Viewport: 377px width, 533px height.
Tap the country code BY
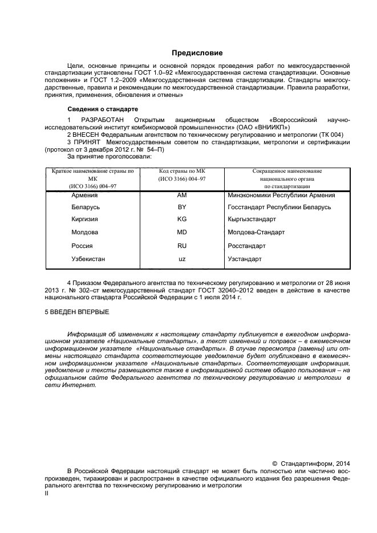tap(182, 207)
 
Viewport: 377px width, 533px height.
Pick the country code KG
tap(182, 219)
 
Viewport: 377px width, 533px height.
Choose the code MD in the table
tap(182, 232)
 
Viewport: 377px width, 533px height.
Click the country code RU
tap(182, 246)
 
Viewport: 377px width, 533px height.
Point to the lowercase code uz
tap(182, 259)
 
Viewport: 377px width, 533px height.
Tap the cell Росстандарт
tap(246, 246)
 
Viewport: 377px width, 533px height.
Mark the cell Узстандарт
tap(244, 259)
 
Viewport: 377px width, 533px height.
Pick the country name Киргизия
tap(84, 219)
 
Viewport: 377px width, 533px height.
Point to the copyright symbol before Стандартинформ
tap(275, 463)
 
